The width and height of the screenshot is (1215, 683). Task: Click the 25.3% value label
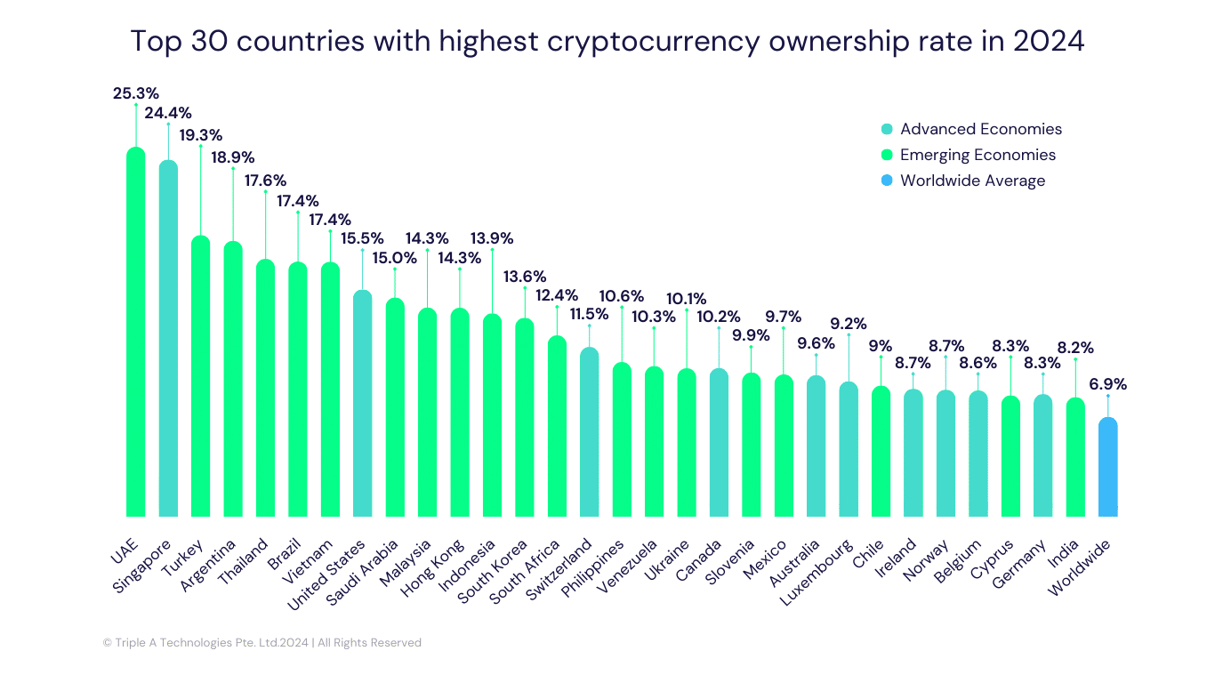point(136,93)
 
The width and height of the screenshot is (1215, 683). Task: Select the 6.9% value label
point(1107,385)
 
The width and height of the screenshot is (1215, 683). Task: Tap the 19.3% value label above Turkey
point(200,135)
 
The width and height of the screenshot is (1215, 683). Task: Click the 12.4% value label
point(556,295)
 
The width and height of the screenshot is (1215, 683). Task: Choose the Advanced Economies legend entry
point(980,129)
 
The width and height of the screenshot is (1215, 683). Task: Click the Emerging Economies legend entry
point(977,155)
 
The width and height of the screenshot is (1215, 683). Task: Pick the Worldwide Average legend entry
point(971,181)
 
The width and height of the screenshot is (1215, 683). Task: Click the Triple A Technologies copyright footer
point(262,642)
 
